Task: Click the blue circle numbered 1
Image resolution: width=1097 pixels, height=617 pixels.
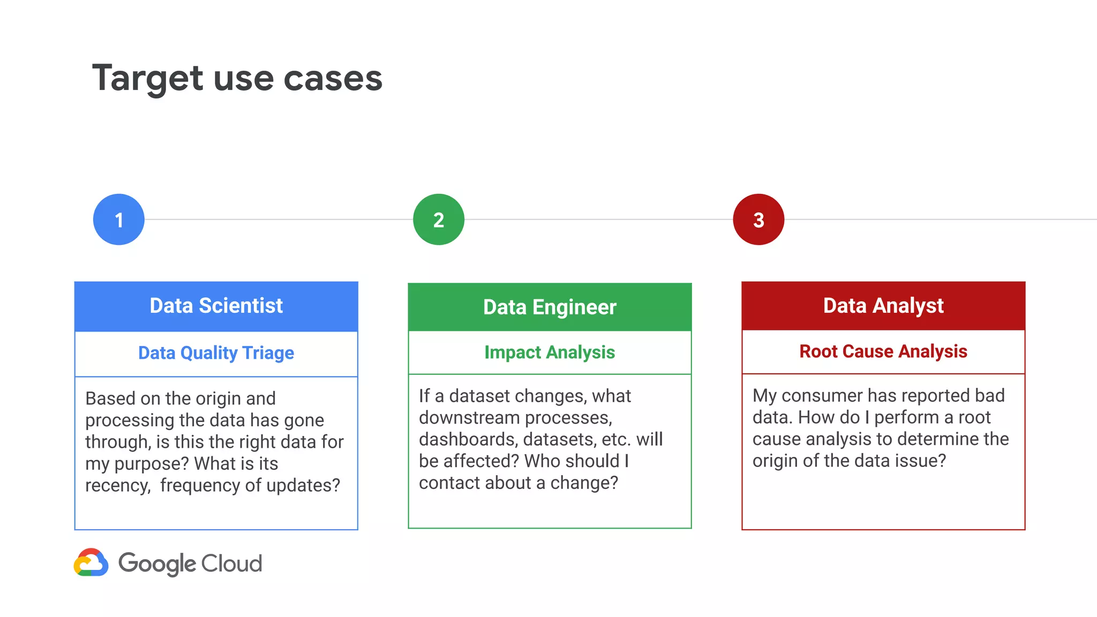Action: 119,220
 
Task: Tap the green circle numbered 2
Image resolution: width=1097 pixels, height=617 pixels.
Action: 439,220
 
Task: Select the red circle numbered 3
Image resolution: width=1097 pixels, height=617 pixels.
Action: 758,220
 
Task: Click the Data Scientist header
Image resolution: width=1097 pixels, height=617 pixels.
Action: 216,306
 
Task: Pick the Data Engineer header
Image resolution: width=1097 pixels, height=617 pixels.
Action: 550,307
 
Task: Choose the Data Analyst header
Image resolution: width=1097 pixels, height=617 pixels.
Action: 883,306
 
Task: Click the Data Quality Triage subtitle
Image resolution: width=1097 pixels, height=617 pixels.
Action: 216,353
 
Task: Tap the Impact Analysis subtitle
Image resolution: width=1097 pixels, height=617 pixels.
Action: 550,352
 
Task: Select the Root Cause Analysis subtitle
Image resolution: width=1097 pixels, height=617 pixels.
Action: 883,351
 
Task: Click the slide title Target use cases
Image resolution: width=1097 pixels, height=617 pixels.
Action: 237,78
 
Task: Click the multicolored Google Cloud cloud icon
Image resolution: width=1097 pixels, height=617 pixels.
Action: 91,563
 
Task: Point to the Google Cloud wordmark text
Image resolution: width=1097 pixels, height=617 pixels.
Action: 190,563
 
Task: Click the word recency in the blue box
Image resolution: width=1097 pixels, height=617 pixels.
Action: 117,486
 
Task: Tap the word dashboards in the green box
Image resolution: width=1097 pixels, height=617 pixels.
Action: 468,440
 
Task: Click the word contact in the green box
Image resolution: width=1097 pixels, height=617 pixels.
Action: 448,483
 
